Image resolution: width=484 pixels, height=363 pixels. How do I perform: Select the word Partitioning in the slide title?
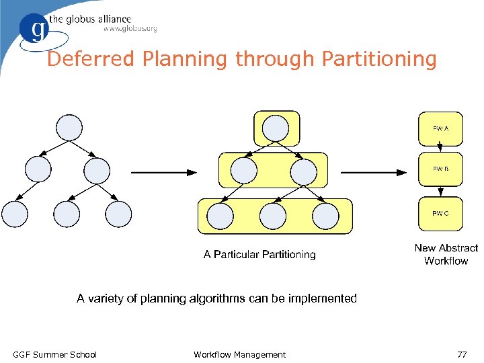(379, 59)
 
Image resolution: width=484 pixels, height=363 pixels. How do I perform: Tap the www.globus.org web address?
(130, 29)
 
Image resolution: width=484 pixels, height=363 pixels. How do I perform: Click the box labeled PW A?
(440, 128)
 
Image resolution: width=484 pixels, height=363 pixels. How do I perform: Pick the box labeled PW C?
(440, 214)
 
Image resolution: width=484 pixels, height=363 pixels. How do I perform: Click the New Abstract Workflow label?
(446, 254)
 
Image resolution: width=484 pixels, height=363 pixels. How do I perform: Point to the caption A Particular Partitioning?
(259, 254)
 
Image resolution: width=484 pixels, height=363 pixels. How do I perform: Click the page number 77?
(462, 354)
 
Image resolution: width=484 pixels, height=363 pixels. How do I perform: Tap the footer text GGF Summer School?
(55, 354)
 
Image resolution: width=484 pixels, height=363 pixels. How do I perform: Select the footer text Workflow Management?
(239, 354)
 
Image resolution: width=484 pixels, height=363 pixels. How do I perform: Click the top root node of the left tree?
(70, 127)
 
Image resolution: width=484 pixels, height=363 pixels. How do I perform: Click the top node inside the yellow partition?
(276, 128)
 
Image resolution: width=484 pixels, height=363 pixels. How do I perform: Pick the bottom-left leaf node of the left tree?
(15, 214)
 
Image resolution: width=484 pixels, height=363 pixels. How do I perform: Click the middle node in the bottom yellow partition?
(273, 216)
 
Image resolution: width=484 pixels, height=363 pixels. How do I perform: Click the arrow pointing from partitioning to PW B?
(374, 173)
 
